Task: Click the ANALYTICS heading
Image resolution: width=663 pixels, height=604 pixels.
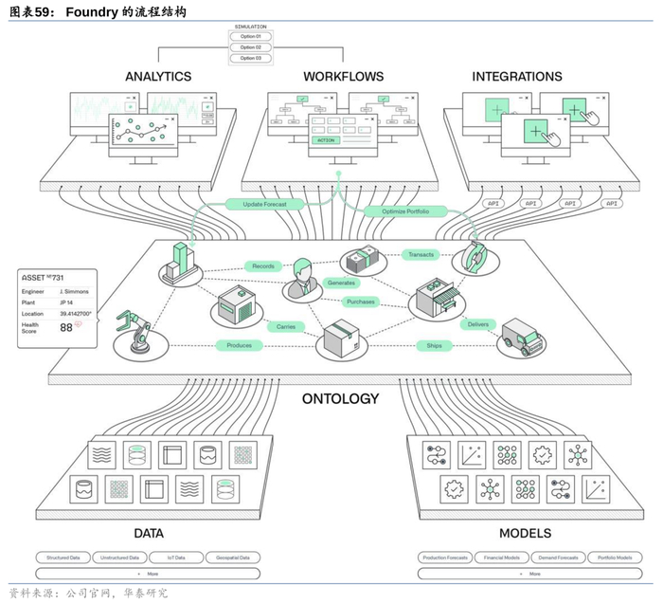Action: tap(158, 77)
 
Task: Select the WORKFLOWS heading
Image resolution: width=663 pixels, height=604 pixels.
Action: tap(344, 77)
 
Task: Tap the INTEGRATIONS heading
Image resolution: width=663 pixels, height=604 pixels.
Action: tap(517, 77)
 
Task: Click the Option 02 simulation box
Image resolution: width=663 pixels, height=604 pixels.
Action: tap(250, 46)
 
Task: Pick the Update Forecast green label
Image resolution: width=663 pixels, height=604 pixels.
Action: tap(265, 204)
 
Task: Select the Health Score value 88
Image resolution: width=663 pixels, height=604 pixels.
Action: tap(66, 327)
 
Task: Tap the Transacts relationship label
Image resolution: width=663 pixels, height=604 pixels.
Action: tap(420, 255)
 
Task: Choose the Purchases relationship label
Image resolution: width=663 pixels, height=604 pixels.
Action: tap(361, 302)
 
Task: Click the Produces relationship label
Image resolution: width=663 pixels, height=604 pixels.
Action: tap(240, 345)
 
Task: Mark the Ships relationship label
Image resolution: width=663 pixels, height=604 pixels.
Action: tap(435, 345)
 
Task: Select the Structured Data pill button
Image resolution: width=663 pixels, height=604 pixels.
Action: tap(64, 558)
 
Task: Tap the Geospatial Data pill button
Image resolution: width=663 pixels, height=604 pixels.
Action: tap(232, 558)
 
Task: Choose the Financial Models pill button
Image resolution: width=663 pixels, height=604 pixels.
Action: tap(502, 558)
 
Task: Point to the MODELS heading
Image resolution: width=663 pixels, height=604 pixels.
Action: tap(526, 533)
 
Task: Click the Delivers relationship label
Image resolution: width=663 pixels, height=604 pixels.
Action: tap(477, 324)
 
